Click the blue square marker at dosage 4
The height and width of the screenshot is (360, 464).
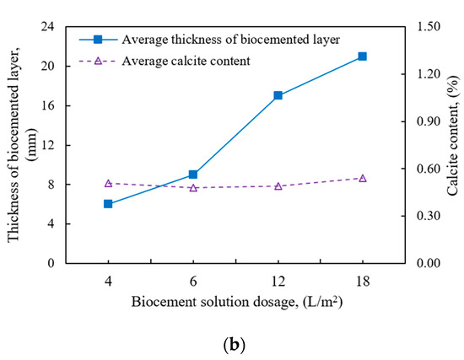click(x=108, y=204)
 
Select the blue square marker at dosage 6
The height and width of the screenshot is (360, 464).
click(x=193, y=175)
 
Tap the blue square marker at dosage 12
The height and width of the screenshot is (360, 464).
click(x=278, y=95)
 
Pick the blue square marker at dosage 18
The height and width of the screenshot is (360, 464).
click(x=362, y=56)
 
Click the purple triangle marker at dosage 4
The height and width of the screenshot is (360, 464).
click(x=108, y=183)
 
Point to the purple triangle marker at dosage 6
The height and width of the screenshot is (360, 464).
click(x=193, y=187)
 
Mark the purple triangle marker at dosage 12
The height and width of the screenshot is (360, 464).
click(x=278, y=185)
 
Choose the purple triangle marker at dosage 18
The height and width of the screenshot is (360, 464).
click(x=362, y=178)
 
